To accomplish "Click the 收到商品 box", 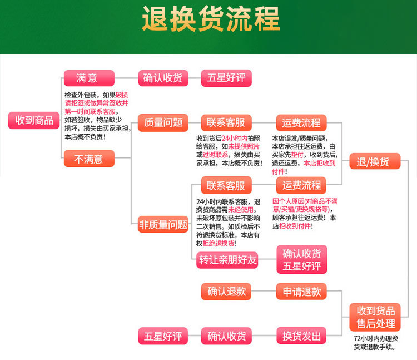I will pos(34,120).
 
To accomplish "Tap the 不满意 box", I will pos(89,159).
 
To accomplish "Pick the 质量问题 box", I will pos(163,123).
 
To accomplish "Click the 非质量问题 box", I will pos(163,225).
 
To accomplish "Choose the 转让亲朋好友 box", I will pos(228,260).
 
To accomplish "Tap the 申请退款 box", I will pos(301,292).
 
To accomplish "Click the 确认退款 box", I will pos(226,292).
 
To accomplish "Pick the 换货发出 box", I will pos(301,336).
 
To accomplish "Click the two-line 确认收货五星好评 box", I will pos(302,259).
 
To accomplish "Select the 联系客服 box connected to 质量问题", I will pos(226,123).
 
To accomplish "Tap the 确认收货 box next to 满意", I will pos(163,78).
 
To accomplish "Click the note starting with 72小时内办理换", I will pos(376,343).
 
